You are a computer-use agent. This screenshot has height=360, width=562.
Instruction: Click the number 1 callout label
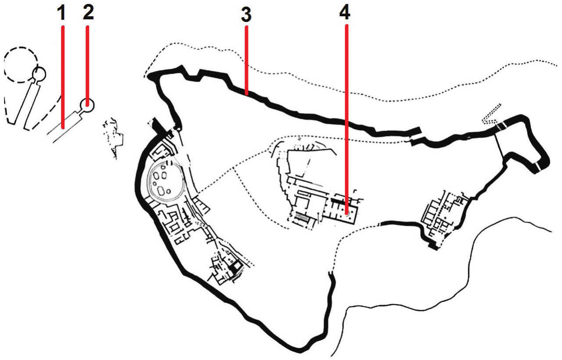(61, 13)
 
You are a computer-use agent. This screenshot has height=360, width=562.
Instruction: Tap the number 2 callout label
(88, 12)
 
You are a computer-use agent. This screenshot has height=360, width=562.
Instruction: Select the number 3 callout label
(246, 15)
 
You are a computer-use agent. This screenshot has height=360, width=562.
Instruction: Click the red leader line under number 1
(63, 77)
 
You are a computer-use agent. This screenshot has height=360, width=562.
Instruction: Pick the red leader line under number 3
(247, 61)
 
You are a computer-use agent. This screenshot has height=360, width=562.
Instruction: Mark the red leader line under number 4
(347, 119)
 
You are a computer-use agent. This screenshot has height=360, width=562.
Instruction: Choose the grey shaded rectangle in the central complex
(303, 217)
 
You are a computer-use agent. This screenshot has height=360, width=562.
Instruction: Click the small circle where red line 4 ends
(347, 214)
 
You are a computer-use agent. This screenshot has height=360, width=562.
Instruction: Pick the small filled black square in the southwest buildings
(236, 266)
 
